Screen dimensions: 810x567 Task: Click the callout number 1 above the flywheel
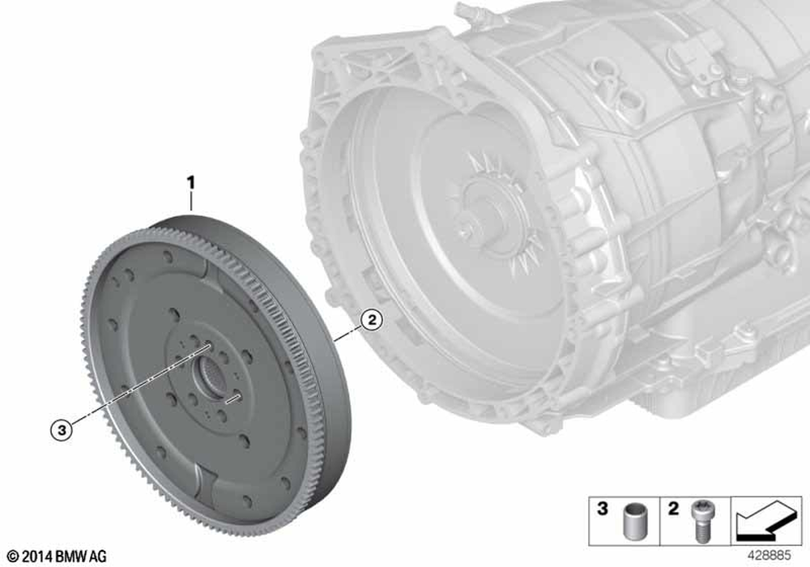(x=190, y=183)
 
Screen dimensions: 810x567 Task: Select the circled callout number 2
(x=372, y=320)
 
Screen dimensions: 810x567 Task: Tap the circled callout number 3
(x=62, y=429)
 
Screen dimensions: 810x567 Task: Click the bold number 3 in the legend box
(x=603, y=509)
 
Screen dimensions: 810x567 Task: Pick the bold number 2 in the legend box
(x=672, y=509)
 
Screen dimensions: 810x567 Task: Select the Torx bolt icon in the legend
(x=701, y=522)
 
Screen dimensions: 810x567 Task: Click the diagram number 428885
(x=769, y=556)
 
